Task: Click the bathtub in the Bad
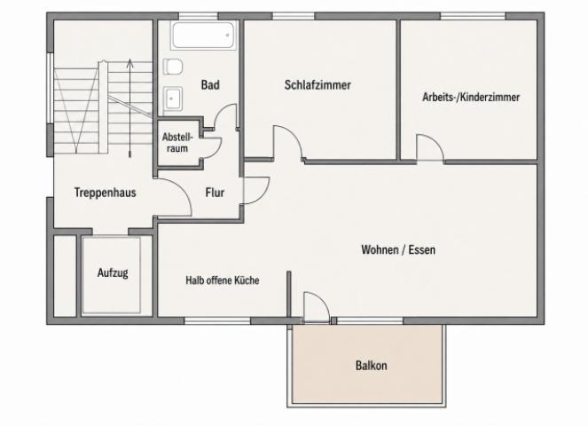(203, 35)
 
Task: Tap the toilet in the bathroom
(173, 67)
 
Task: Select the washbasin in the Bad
(173, 99)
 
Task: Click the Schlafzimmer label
(318, 85)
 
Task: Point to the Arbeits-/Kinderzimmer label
(471, 98)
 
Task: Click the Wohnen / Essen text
(398, 249)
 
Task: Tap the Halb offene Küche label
(223, 280)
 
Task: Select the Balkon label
(372, 365)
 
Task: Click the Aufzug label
(113, 272)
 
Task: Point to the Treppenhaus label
(105, 193)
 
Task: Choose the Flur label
(215, 193)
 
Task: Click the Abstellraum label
(177, 143)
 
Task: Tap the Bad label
(210, 85)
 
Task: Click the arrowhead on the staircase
(129, 62)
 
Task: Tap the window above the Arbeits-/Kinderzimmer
(473, 16)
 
